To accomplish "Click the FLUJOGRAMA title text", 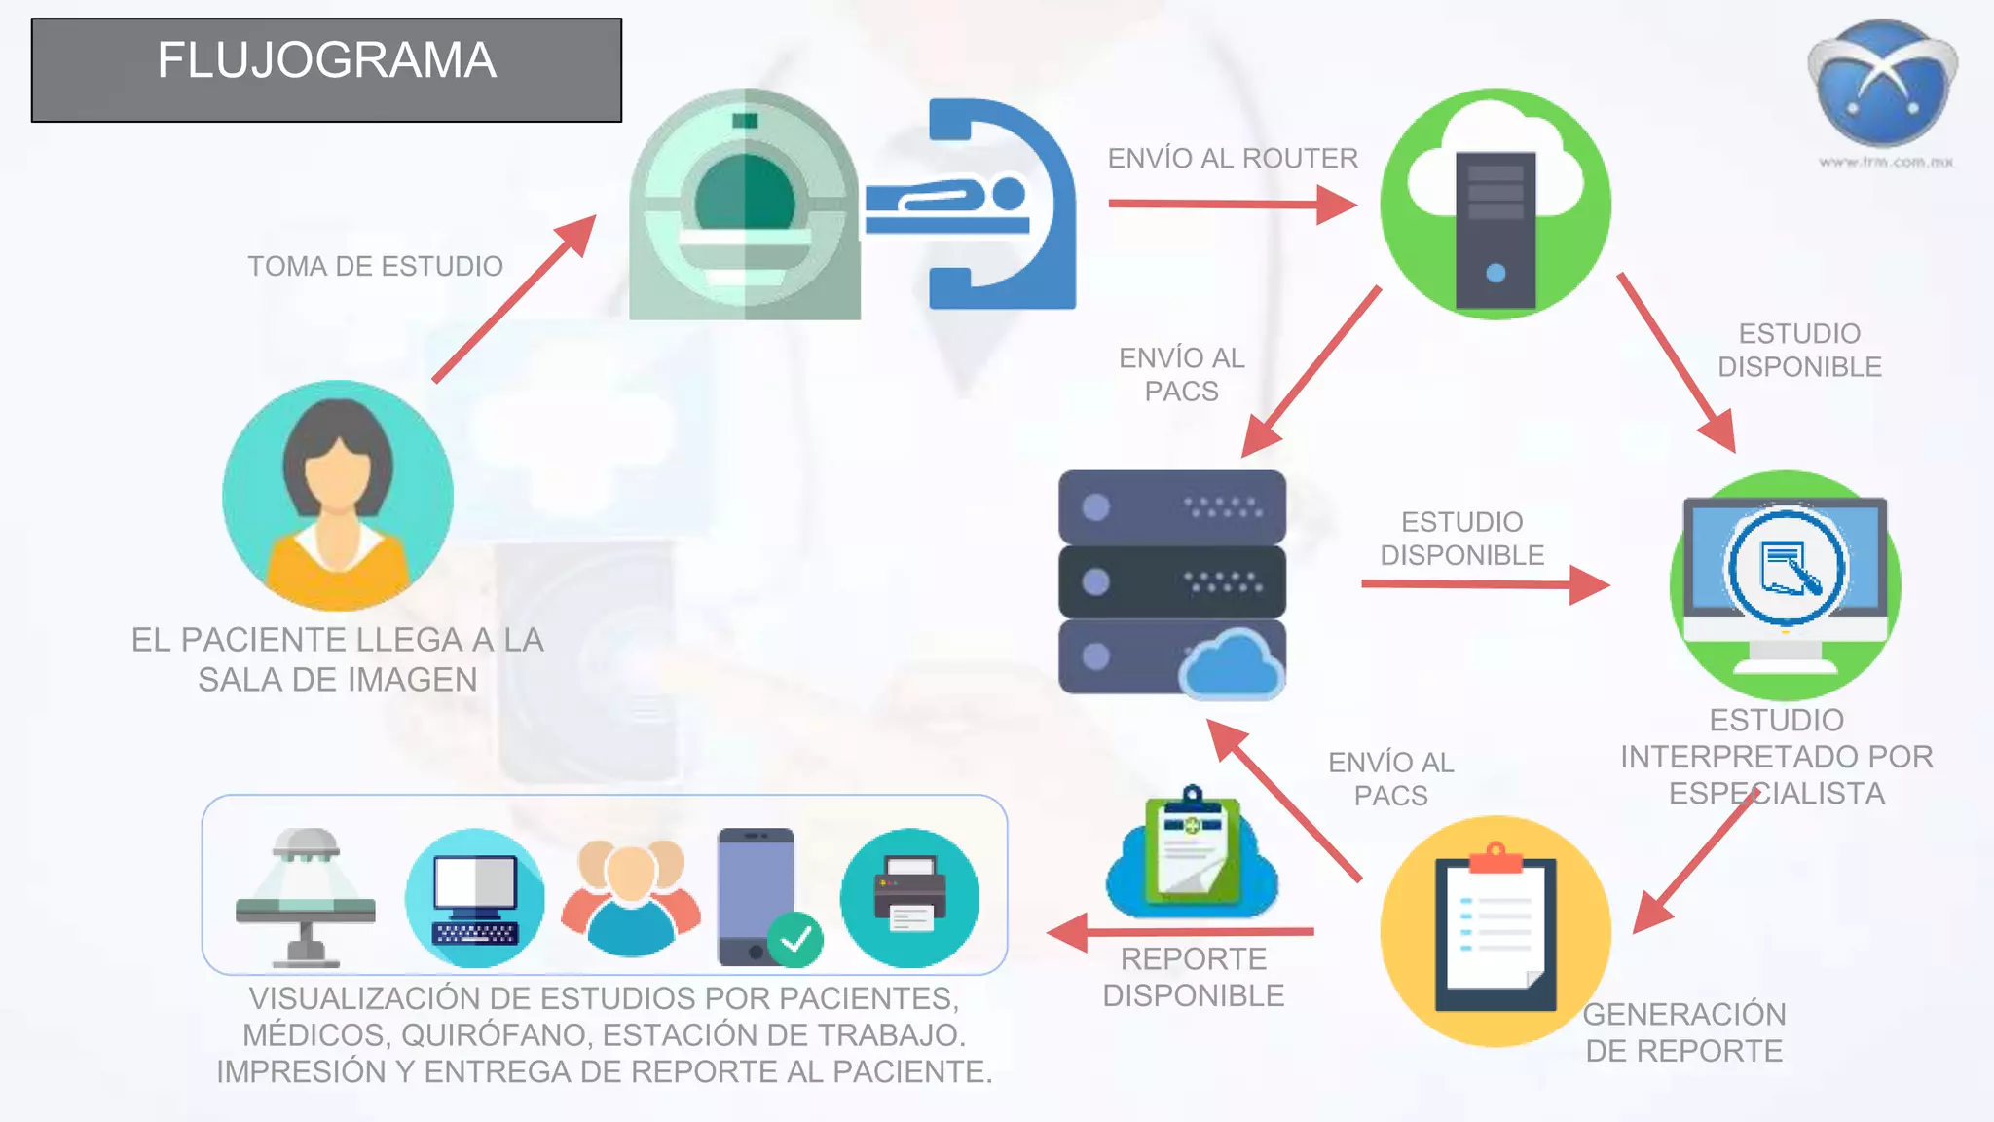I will coord(327,60).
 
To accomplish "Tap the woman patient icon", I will coord(338,495).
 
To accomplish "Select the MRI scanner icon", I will coord(745,205).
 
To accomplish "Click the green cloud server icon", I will coord(1495,205).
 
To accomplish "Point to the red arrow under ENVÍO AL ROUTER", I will coord(1232,205).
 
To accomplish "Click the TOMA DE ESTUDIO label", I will coord(375,266).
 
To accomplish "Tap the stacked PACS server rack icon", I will coord(1172,582).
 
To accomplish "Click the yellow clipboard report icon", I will coord(1495,931).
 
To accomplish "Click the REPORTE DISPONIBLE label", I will coord(1194,977).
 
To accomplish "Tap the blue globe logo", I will coord(1882,84).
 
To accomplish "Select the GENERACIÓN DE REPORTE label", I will coord(1684,1032).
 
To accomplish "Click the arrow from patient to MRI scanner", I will coord(514,299).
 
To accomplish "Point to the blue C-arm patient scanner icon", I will coord(974,205).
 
